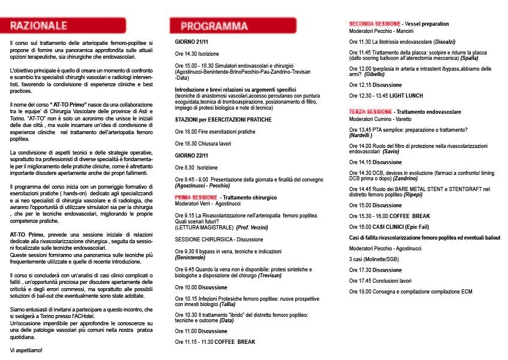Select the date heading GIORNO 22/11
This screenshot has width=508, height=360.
(192, 156)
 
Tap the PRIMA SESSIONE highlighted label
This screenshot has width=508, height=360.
(195, 197)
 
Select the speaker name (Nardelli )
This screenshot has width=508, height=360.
(361, 136)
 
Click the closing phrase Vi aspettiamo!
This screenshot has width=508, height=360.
(26, 349)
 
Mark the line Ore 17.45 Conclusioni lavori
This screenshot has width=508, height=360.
(380, 280)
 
